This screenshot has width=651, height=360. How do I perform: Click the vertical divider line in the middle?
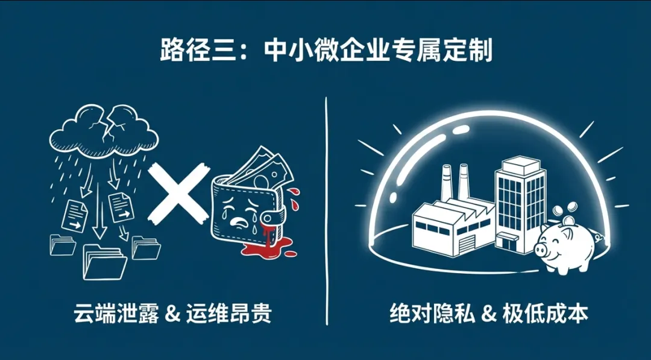326,211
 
